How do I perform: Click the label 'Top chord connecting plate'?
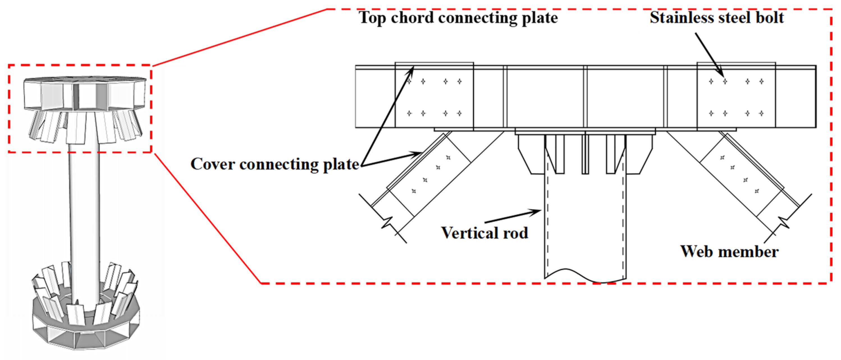[458, 18]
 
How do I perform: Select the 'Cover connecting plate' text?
[275, 164]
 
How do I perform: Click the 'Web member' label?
[729, 252]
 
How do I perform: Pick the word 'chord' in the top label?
[412, 18]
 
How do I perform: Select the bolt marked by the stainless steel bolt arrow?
[725, 81]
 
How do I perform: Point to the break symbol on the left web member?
[388, 223]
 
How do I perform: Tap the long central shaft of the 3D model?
[84, 222]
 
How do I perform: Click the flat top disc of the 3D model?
[85, 79]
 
